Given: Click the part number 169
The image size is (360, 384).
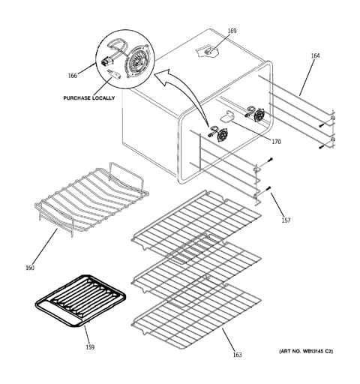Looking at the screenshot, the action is click(x=232, y=31).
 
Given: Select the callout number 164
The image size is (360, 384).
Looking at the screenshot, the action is click(x=315, y=55).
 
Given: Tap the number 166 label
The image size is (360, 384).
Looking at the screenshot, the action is click(x=73, y=75).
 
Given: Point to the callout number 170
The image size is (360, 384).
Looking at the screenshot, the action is click(x=276, y=142).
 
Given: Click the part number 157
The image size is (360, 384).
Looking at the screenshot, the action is click(x=286, y=220).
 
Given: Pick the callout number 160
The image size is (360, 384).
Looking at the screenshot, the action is click(x=30, y=268).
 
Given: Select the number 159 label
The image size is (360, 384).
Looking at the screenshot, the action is click(x=90, y=347).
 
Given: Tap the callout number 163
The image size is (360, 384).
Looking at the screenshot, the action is click(x=237, y=355).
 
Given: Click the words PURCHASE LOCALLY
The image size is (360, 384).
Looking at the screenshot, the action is click(x=89, y=98).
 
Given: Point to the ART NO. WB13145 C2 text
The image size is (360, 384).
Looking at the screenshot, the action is click(x=306, y=351).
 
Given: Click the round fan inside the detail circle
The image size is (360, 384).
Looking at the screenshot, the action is click(x=137, y=60).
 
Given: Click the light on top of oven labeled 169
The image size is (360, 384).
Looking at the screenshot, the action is click(x=207, y=51).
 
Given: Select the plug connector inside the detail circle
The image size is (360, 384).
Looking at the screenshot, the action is click(x=106, y=61).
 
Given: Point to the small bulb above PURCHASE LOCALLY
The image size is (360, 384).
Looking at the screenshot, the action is click(x=114, y=74).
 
